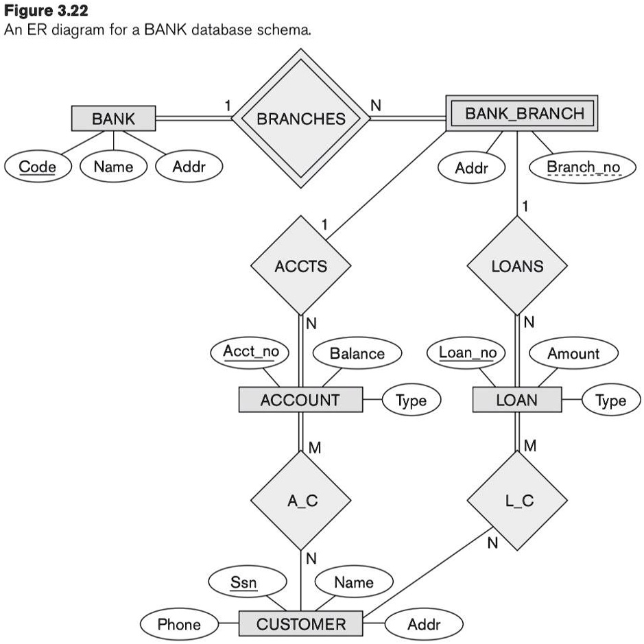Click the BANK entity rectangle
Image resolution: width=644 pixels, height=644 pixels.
click(x=114, y=119)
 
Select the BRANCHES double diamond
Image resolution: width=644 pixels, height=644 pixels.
click(x=300, y=119)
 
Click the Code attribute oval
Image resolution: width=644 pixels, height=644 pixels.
click(x=38, y=167)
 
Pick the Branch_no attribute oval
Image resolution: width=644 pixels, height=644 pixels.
click(x=583, y=167)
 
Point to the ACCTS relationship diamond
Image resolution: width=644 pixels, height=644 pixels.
click(x=300, y=265)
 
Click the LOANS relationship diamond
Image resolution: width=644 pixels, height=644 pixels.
click(x=516, y=265)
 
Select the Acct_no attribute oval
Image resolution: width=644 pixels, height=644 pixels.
click(x=251, y=352)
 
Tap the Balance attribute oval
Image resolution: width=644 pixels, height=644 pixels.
click(x=357, y=354)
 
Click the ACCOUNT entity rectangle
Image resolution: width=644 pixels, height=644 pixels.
click(x=300, y=400)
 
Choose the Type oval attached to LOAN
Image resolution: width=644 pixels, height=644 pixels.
click(x=610, y=401)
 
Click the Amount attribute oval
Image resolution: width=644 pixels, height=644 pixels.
click(x=573, y=354)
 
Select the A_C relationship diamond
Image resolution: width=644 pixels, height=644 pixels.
click(x=302, y=501)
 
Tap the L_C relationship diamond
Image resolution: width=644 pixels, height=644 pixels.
click(x=518, y=501)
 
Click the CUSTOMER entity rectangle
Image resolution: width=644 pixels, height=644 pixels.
click(x=300, y=624)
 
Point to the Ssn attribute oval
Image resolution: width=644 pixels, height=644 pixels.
click(x=243, y=583)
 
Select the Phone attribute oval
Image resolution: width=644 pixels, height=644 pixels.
click(x=179, y=624)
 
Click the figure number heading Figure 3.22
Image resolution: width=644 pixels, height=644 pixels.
click(x=47, y=12)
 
